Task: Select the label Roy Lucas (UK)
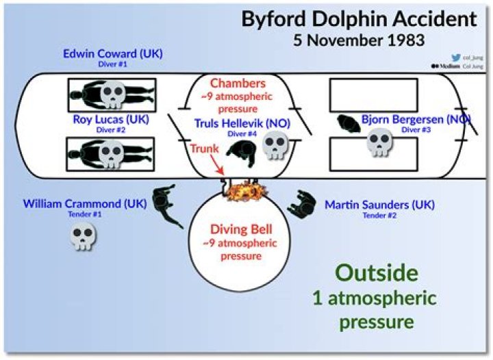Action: [x=111, y=120]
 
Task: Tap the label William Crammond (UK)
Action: [x=85, y=204]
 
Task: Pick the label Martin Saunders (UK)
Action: [x=379, y=205]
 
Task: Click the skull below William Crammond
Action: [x=84, y=236]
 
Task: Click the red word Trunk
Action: [x=204, y=147]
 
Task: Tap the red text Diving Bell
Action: [x=239, y=230]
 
